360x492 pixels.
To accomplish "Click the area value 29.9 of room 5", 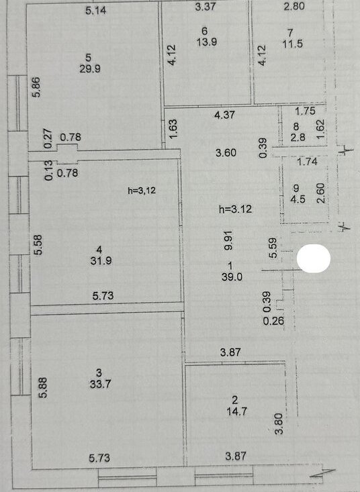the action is click(x=90, y=68).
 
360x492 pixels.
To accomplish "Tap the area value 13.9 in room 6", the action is click(x=206, y=42).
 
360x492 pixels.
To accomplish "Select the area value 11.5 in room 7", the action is click(x=293, y=44).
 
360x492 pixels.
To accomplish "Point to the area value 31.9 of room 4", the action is click(x=101, y=260).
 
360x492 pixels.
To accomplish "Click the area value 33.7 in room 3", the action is click(x=100, y=384).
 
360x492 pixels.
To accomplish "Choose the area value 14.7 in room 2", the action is click(x=236, y=411).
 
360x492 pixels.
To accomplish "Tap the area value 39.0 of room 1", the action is click(x=232, y=277).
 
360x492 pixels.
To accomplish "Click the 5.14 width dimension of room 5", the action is click(x=96, y=10).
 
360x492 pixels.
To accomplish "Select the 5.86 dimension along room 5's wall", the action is click(x=37, y=87).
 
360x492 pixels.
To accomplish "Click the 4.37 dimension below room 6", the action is click(x=224, y=115).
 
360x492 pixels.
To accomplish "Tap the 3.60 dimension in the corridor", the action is click(x=226, y=153).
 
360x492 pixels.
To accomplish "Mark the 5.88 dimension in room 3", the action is click(x=43, y=387).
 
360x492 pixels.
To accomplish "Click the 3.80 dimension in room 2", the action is click(x=279, y=424).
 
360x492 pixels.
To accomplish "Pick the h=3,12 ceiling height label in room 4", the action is click(x=142, y=190).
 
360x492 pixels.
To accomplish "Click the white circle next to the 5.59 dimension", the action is click(x=314, y=258).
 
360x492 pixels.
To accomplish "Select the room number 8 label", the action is click(x=296, y=126).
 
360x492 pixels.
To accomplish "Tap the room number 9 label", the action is click(x=296, y=188).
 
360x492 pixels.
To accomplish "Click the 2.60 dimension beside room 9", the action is click(x=321, y=193).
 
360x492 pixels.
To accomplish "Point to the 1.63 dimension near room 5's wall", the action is click(x=173, y=128).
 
